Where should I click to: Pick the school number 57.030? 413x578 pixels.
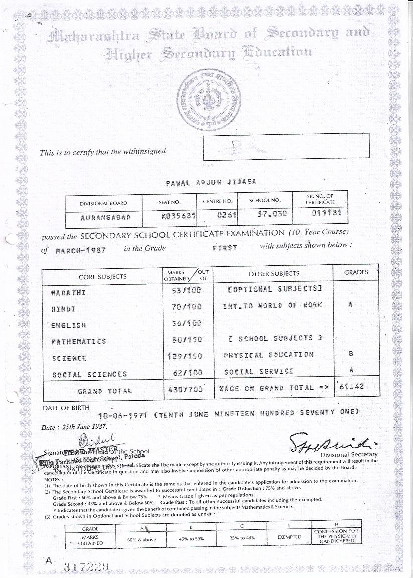pos(265,217)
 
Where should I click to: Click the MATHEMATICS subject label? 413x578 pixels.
pos(79,341)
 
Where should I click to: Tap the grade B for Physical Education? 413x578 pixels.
pos(351,354)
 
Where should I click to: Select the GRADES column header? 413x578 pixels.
pos(356,272)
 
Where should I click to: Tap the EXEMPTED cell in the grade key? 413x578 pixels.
pos(289,537)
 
